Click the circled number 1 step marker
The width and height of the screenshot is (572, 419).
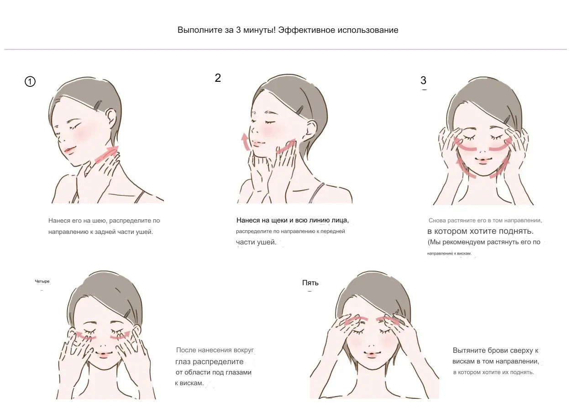(x=30, y=82)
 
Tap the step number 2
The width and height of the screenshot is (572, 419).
(x=218, y=78)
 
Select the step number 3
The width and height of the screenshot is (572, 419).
(x=423, y=80)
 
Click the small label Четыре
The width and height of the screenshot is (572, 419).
(x=42, y=281)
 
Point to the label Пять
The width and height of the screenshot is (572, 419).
(x=310, y=283)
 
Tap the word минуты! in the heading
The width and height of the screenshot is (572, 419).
(x=259, y=30)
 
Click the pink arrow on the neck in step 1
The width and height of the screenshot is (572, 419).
(x=107, y=154)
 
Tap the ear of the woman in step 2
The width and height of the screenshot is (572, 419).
(x=311, y=131)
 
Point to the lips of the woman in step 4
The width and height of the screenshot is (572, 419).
(x=103, y=355)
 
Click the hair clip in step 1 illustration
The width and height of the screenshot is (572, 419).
(x=97, y=106)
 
